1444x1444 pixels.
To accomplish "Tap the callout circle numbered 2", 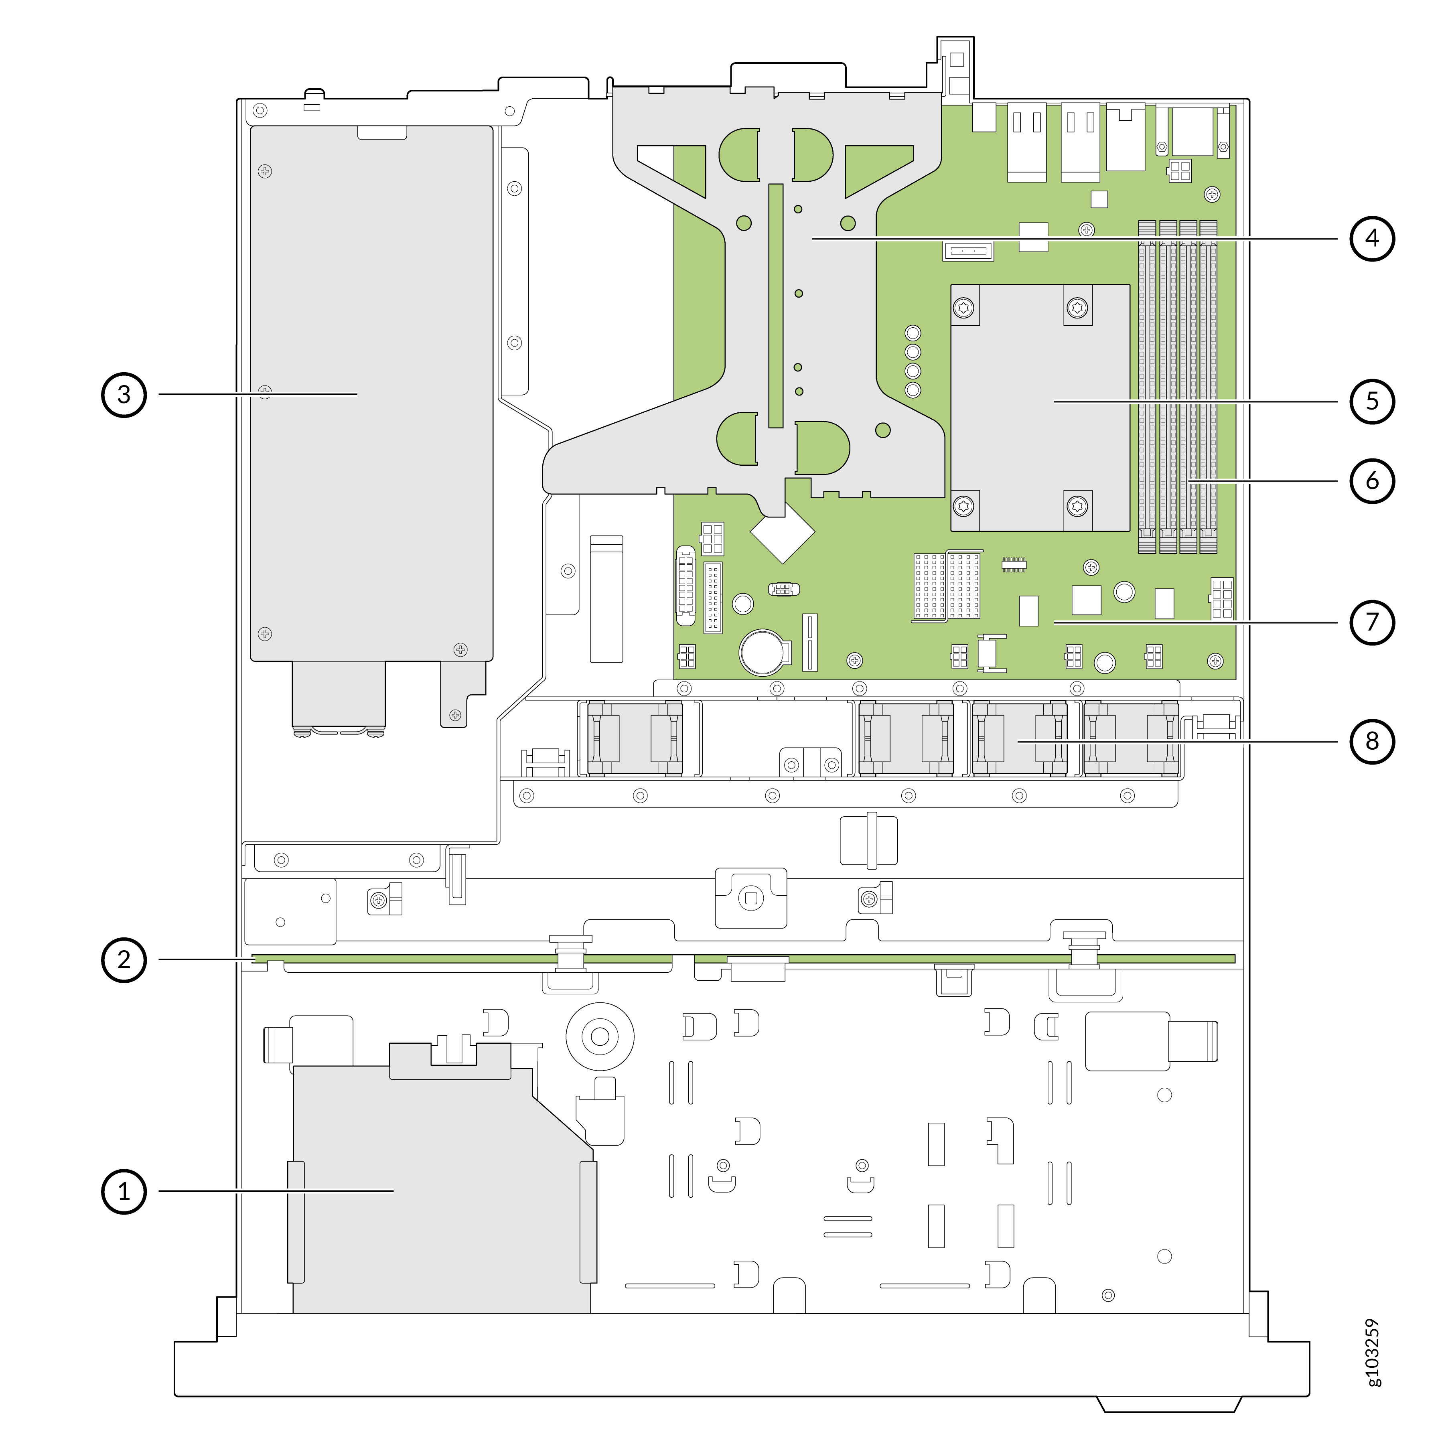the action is [x=124, y=960].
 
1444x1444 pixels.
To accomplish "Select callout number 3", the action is [x=124, y=395].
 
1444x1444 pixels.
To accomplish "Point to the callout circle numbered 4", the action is [x=1372, y=238].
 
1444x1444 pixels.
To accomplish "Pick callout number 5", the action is [x=1372, y=402].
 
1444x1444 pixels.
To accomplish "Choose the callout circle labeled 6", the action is [x=1372, y=481].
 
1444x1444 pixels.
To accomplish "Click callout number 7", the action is [x=1372, y=622].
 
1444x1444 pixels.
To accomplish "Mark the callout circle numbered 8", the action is [x=1372, y=741].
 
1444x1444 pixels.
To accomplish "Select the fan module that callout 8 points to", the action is [x=1020, y=738].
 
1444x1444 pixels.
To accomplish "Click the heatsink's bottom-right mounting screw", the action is [x=1077, y=506].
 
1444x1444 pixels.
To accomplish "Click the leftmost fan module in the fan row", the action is [x=635, y=738].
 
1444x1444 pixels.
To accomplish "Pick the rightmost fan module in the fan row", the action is [x=1131, y=738].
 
